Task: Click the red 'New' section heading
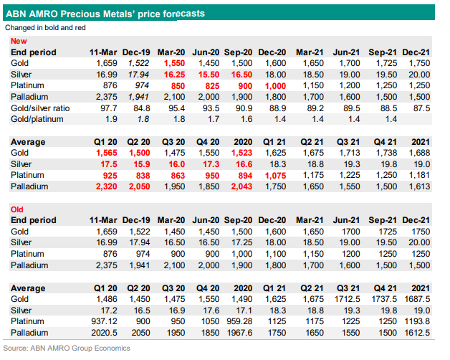(19, 42)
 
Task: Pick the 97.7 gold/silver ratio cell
(105, 107)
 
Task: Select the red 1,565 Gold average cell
(106, 153)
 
